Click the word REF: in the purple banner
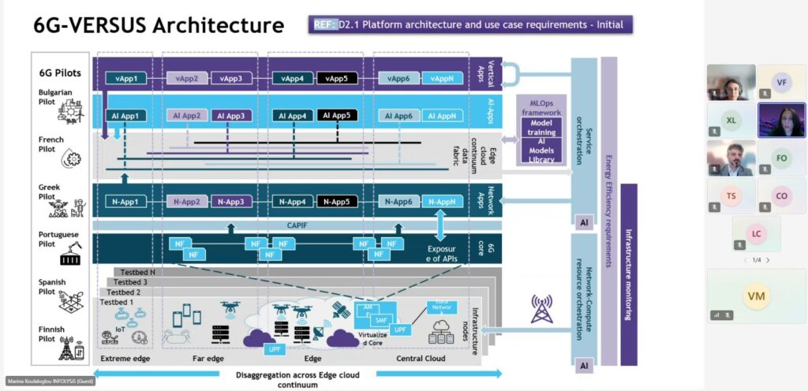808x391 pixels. point(325,24)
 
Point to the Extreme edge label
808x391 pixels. point(126,359)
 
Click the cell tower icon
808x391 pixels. point(542,309)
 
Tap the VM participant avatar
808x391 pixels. point(756,296)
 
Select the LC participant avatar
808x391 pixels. point(756,234)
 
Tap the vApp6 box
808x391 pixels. point(398,79)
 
